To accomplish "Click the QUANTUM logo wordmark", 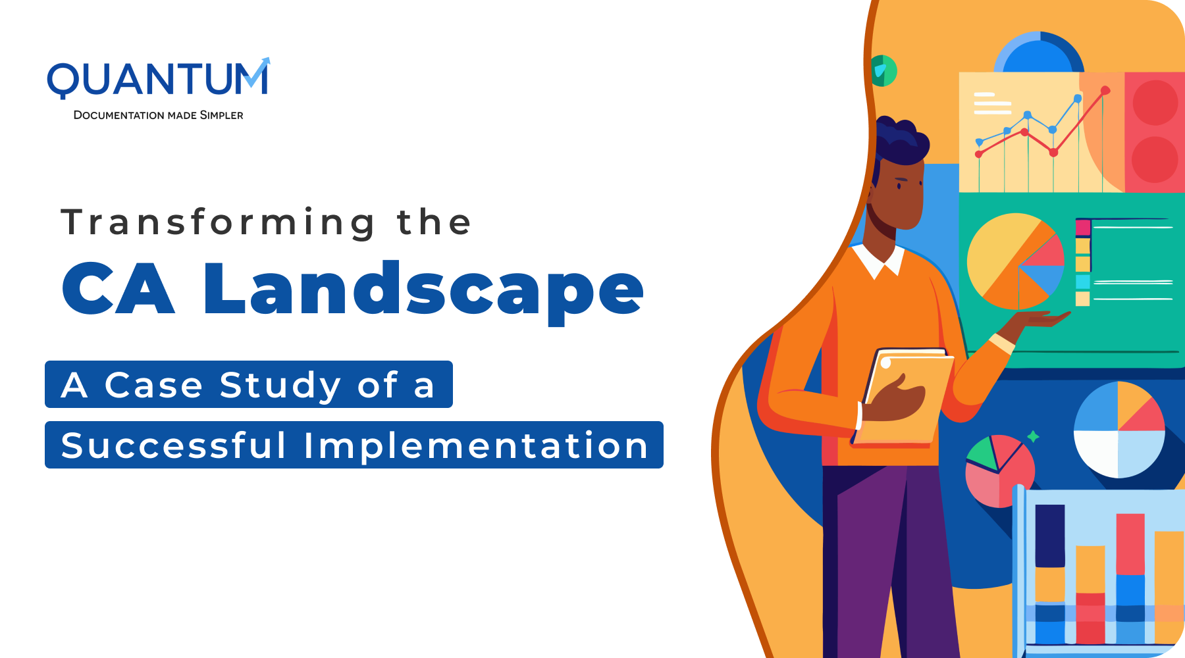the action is [158, 78].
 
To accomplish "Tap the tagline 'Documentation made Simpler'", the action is [158, 115].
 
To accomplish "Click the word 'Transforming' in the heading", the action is [218, 223].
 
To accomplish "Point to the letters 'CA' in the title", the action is [118, 289].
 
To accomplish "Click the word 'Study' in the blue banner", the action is [280, 385].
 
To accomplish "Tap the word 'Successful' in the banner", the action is [174, 445].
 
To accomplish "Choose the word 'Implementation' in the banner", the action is [477, 445].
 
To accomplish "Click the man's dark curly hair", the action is [902, 141].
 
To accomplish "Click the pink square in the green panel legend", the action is [1083, 228].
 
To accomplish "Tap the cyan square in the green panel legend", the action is [1083, 282].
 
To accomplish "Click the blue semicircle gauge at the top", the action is [1039, 53].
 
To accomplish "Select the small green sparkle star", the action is [1034, 436].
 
